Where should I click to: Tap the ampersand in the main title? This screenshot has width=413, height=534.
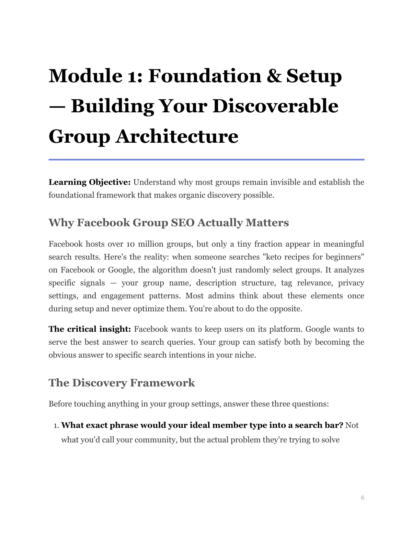[274, 76]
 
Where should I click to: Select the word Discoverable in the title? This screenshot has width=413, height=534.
[275, 106]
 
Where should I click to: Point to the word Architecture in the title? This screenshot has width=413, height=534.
[177, 136]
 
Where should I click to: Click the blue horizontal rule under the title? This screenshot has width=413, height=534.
[206, 160]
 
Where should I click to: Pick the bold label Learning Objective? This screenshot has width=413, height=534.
[89, 182]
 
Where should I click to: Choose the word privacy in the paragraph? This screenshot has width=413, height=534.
[351, 283]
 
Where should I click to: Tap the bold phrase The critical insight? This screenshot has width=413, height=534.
[90, 329]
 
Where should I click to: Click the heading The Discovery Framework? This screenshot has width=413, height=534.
[122, 383]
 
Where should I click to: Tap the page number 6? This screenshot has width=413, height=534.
[362, 498]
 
